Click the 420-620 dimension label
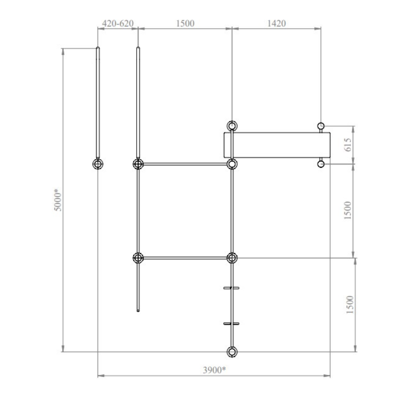(117, 24)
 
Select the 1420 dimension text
(276, 24)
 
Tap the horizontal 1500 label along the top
(185, 24)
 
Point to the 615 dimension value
(348, 145)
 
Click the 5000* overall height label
(58, 200)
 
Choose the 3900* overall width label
(214, 370)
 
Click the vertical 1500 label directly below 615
(347, 210)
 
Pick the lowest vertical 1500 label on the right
(350, 304)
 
